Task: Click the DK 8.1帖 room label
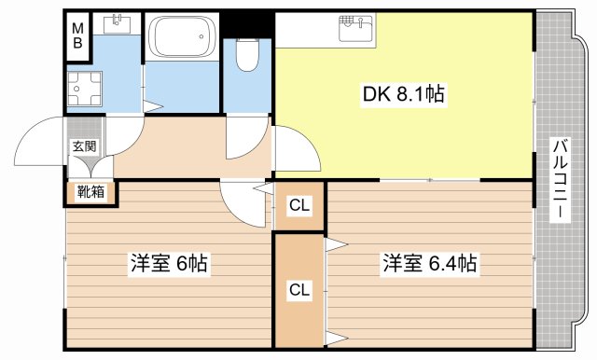402,93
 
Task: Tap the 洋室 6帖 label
168,264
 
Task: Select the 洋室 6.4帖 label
429,264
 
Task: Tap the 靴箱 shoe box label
90,192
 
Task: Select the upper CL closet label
298,206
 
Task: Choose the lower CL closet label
298,289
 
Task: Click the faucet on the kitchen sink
354,19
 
